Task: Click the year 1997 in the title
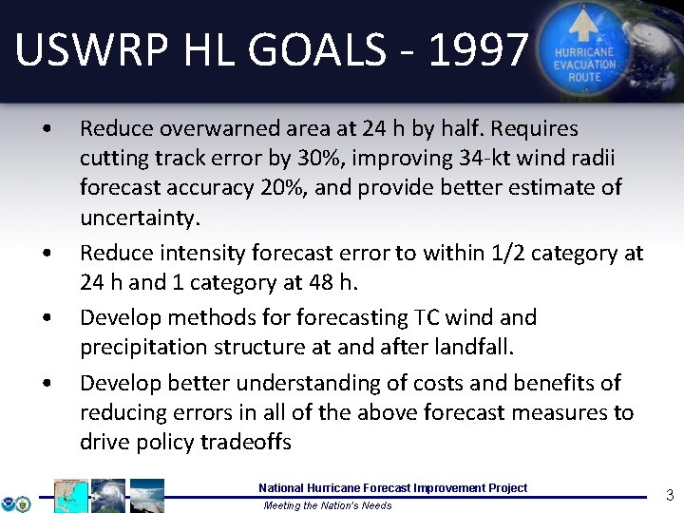[x=478, y=49]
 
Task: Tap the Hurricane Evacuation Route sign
[x=584, y=48]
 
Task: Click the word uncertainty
[x=140, y=218]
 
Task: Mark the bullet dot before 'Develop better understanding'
[x=45, y=384]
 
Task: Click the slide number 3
[x=669, y=494]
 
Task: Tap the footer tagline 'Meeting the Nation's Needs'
[x=327, y=505]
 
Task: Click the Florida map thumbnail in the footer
[x=70, y=496]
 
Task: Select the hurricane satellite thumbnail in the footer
[x=108, y=496]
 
